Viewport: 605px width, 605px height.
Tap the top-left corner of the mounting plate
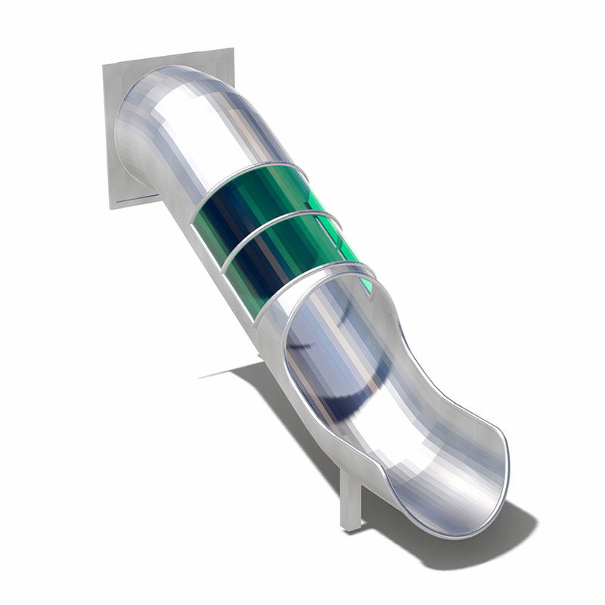105,67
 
